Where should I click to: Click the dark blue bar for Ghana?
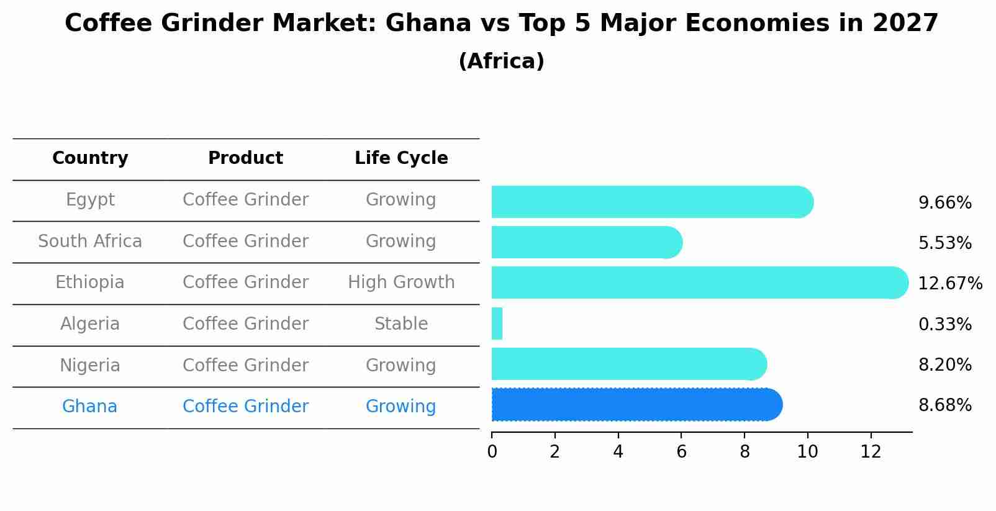(x=633, y=405)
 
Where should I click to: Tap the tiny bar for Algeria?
(x=497, y=323)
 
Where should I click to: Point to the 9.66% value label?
(x=944, y=203)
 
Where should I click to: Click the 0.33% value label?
(x=944, y=324)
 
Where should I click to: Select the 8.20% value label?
(x=944, y=364)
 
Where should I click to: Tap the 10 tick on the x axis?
(x=807, y=452)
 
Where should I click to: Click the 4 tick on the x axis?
(x=618, y=452)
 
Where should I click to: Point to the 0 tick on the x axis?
(x=492, y=452)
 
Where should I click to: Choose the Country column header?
(x=90, y=158)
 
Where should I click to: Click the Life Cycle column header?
(x=401, y=158)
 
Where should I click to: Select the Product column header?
(x=245, y=158)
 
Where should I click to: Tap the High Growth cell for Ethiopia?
(x=401, y=283)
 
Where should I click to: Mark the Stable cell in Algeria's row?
(x=401, y=324)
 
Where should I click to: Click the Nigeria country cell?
(x=90, y=365)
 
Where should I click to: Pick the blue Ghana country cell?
(x=90, y=407)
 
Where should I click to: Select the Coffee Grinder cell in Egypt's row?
(x=245, y=200)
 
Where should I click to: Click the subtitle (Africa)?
(x=501, y=61)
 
